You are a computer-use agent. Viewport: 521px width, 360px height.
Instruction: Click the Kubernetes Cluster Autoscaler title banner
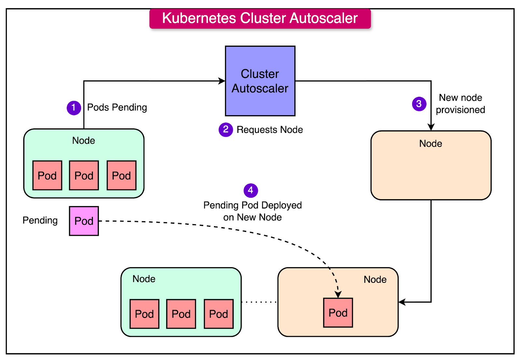pyautogui.click(x=260, y=19)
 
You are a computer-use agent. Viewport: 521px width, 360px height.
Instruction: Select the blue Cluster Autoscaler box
pyautogui.click(x=260, y=81)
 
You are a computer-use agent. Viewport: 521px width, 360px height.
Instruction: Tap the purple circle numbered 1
pyautogui.click(x=74, y=108)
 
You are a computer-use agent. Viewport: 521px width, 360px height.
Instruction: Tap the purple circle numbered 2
pyautogui.click(x=226, y=130)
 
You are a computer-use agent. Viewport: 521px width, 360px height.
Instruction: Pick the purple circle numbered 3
pyautogui.click(x=419, y=104)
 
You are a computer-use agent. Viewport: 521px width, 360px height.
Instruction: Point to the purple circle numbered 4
pyautogui.click(x=251, y=190)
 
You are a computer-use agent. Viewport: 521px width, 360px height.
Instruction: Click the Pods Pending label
pyautogui.click(x=117, y=108)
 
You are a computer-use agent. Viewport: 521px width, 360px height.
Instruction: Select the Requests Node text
pyautogui.click(x=270, y=130)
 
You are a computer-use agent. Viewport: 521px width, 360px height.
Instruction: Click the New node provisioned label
pyautogui.click(x=460, y=104)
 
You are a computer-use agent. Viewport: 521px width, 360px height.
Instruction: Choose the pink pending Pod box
pyautogui.click(x=84, y=221)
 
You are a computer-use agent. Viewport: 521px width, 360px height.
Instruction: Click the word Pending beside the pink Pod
pyautogui.click(x=40, y=221)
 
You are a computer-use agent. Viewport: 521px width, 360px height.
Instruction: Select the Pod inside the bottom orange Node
pyautogui.click(x=338, y=313)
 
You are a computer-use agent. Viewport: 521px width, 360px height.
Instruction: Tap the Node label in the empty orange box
pyautogui.click(x=430, y=144)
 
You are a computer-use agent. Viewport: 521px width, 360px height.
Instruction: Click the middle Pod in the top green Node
pyautogui.click(x=84, y=175)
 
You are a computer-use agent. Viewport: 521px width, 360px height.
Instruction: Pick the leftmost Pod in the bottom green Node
pyautogui.click(x=144, y=314)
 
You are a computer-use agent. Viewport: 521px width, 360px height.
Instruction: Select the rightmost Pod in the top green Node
pyautogui.click(x=121, y=175)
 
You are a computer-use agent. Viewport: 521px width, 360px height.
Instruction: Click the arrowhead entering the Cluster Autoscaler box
pyautogui.click(x=222, y=81)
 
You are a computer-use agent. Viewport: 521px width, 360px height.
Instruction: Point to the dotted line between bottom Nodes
pyautogui.click(x=259, y=302)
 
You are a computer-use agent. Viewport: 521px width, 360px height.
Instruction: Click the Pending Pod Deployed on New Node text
pyautogui.click(x=252, y=211)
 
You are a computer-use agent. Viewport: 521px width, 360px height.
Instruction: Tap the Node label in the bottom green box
pyautogui.click(x=144, y=279)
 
